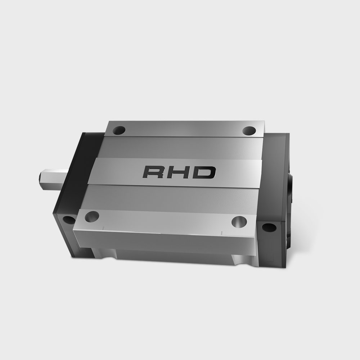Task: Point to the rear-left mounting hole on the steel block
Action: pyautogui.click(x=119, y=131)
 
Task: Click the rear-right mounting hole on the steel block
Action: pyautogui.click(x=249, y=131)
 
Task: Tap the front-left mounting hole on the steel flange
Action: pyautogui.click(x=92, y=216)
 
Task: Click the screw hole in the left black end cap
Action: pyautogui.click(x=68, y=220)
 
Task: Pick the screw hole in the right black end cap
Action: pyautogui.click(x=269, y=227)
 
